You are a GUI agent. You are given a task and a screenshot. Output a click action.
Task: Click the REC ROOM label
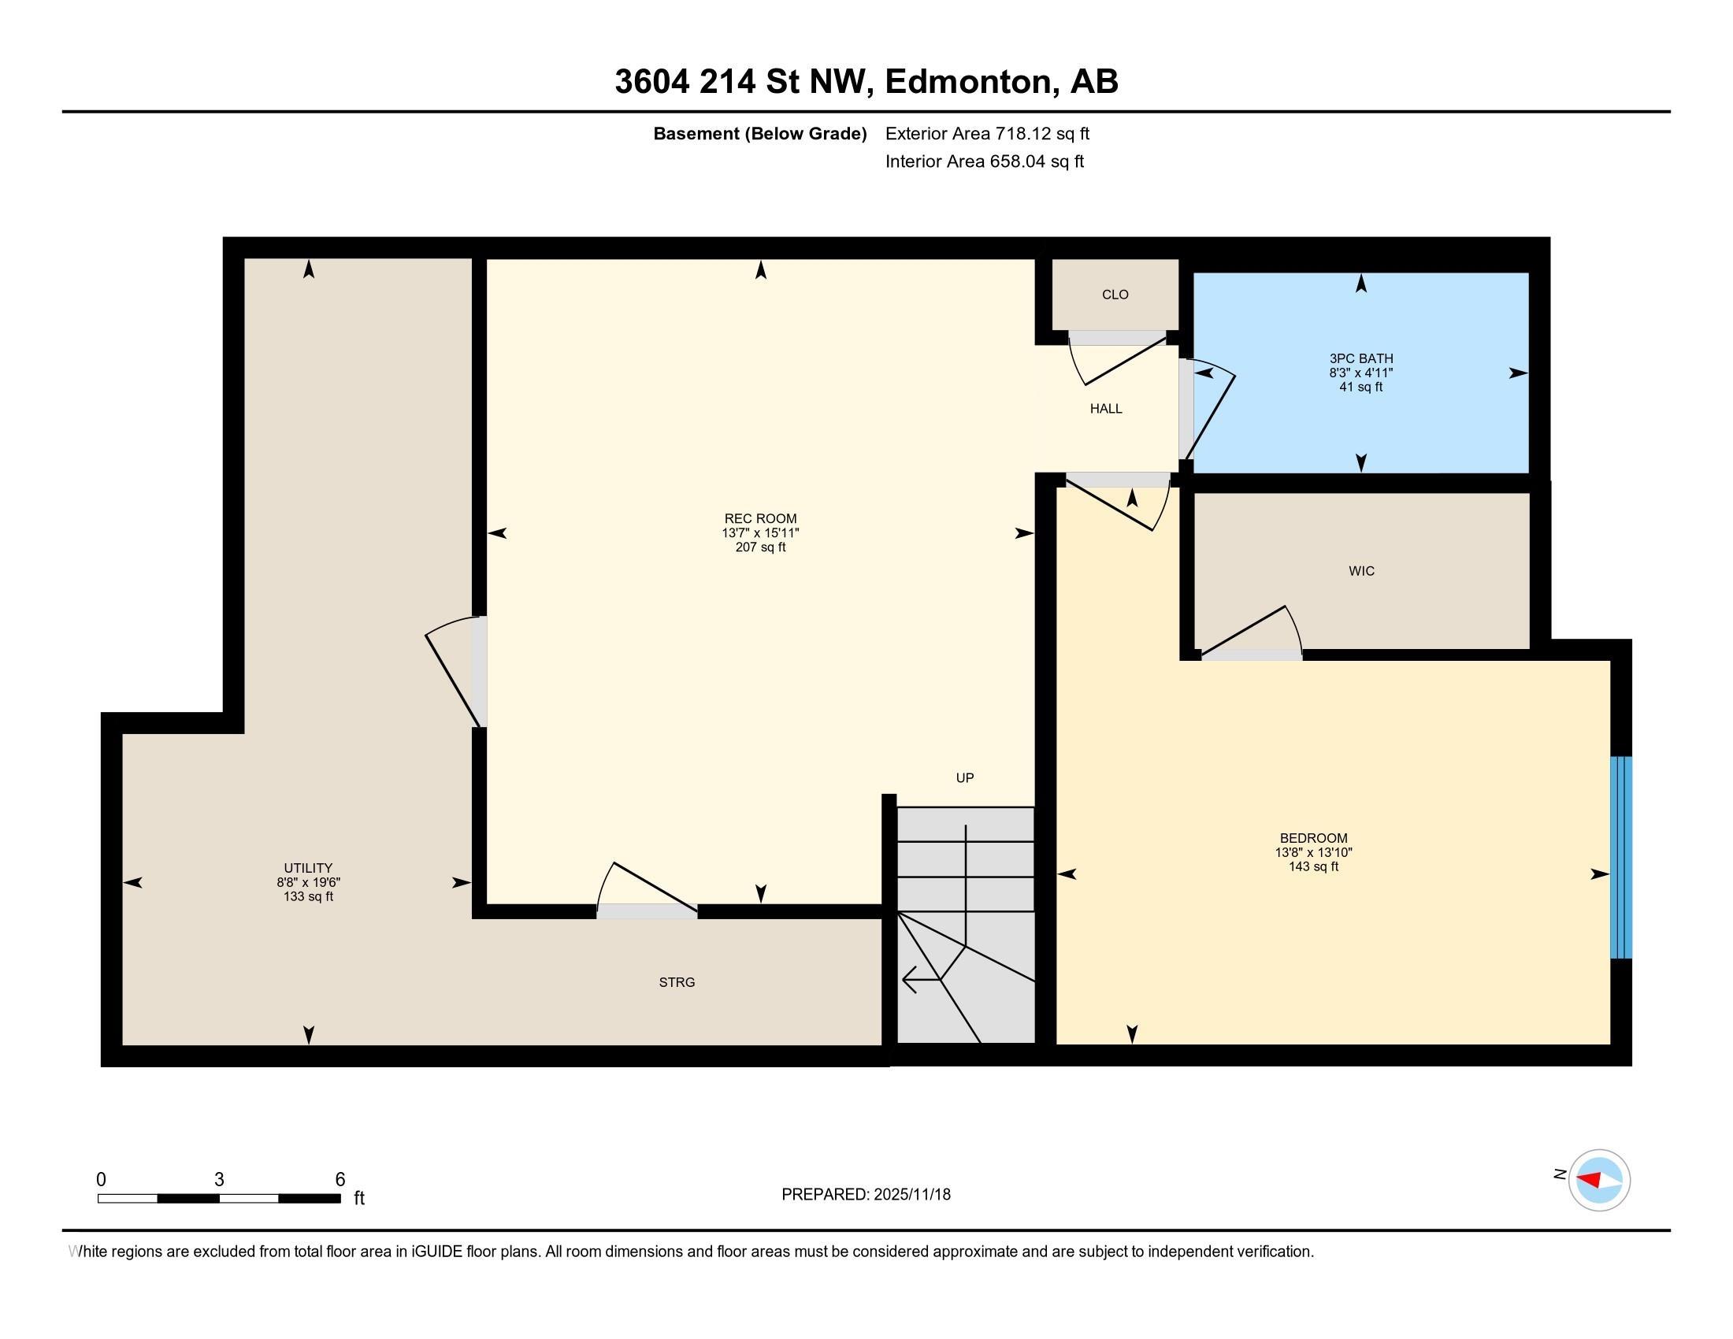pyautogui.click(x=760, y=519)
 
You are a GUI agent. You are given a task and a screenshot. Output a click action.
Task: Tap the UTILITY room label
pyautogui.click(x=308, y=868)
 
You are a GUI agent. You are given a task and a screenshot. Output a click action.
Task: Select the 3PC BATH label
pyautogui.click(x=1361, y=358)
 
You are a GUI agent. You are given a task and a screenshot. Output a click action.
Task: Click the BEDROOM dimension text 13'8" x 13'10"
pyautogui.click(x=1313, y=852)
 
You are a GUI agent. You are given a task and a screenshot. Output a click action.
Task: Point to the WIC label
pyautogui.click(x=1361, y=571)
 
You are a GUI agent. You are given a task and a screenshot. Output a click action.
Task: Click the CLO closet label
pyautogui.click(x=1115, y=295)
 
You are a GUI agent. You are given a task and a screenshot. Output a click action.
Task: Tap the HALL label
pyautogui.click(x=1105, y=409)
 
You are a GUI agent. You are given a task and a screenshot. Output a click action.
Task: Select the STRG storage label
pyautogui.click(x=677, y=982)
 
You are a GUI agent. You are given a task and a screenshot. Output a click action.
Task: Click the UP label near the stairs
pyautogui.click(x=964, y=777)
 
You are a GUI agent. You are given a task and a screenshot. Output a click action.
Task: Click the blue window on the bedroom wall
pyautogui.click(x=1620, y=857)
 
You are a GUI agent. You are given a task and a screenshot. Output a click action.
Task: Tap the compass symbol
pyautogui.click(x=1598, y=1180)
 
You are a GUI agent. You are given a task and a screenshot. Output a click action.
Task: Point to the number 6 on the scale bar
pyautogui.click(x=340, y=1179)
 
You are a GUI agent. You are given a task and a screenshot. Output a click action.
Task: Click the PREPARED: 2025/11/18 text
pyautogui.click(x=866, y=1194)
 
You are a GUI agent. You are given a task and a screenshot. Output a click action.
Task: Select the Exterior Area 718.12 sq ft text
pyautogui.click(x=987, y=133)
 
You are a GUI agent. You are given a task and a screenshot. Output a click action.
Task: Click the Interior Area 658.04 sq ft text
pyautogui.click(x=984, y=161)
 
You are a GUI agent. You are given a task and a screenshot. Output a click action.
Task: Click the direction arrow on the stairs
pyautogui.click(x=920, y=980)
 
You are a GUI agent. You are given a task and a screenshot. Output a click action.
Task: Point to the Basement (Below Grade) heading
pyautogui.click(x=759, y=133)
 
